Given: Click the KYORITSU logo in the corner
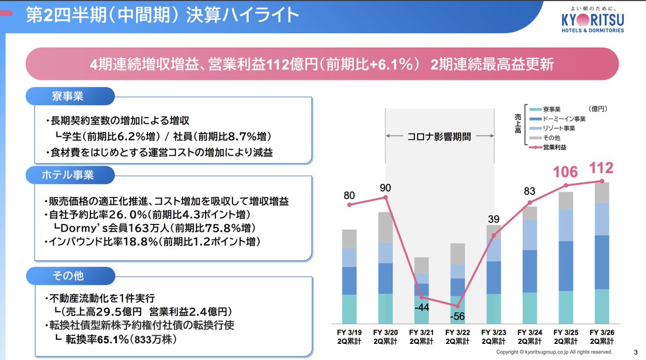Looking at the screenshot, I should tap(592, 21).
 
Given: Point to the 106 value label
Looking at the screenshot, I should tap(565, 172).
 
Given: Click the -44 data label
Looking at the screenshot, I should tap(422, 308).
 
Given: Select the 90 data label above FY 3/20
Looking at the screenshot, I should tap(385, 188).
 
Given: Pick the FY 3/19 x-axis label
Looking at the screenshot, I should tap(349, 336).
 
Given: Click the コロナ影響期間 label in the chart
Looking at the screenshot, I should tap(440, 137).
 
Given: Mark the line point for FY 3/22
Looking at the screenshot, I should tap(458, 306).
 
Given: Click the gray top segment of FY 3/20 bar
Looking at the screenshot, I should tap(385, 227).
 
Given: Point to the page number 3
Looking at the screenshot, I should tap(636, 352).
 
